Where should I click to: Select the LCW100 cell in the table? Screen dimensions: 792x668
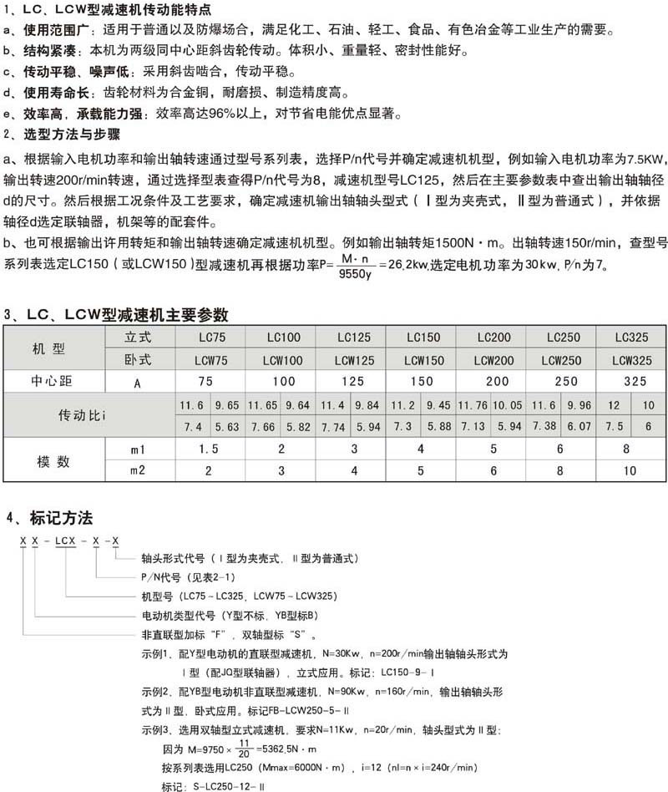pos(281,361)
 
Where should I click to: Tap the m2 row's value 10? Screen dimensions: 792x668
pos(633,471)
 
